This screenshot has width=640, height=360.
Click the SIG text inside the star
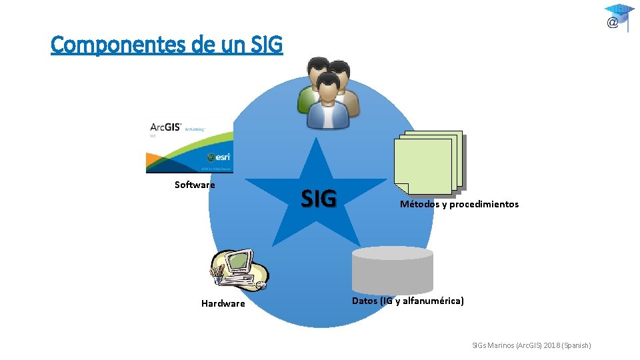click(x=319, y=198)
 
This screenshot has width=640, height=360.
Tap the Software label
click(x=195, y=185)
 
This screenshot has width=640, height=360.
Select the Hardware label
click(x=223, y=303)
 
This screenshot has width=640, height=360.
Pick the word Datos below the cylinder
click(x=365, y=301)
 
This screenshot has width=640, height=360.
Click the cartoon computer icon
click(x=239, y=270)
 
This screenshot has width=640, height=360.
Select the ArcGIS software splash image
click(x=189, y=145)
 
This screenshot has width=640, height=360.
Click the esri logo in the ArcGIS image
click(x=219, y=157)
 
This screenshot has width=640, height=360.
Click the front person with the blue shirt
click(x=327, y=103)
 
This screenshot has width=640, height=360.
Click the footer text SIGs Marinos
click(x=493, y=345)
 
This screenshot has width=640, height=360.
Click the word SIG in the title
click(x=267, y=45)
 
